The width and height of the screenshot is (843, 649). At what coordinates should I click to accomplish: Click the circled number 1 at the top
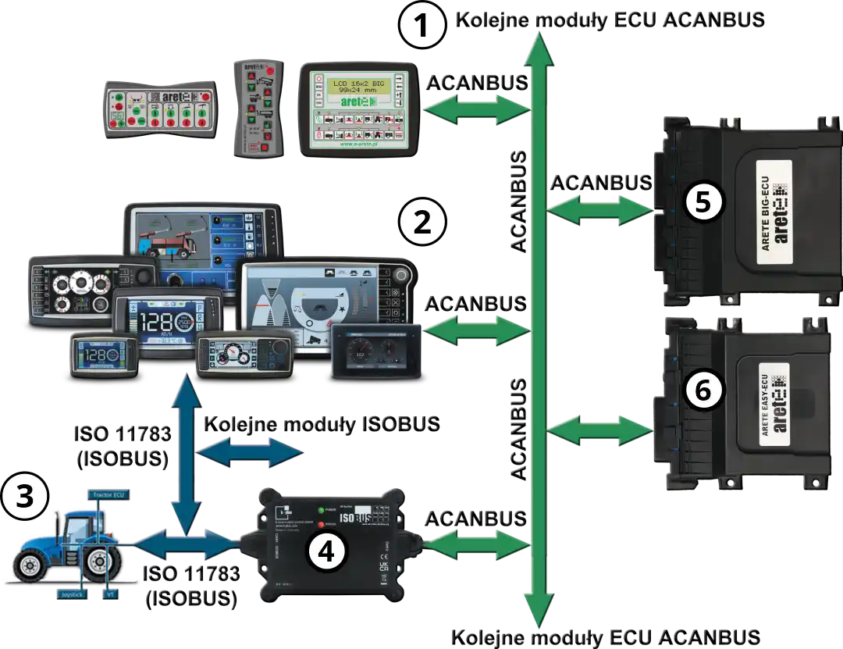pyautogui.click(x=422, y=26)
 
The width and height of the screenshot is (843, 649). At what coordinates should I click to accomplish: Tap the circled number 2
pyautogui.click(x=421, y=223)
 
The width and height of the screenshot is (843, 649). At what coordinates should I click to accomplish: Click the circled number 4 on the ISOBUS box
pyautogui.click(x=325, y=551)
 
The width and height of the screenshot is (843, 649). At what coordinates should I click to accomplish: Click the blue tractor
pyautogui.click(x=66, y=544)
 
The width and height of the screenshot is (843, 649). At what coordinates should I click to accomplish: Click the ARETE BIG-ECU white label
pyautogui.click(x=774, y=205)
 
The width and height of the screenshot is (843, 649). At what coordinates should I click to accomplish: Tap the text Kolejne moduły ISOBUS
pyautogui.click(x=320, y=423)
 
